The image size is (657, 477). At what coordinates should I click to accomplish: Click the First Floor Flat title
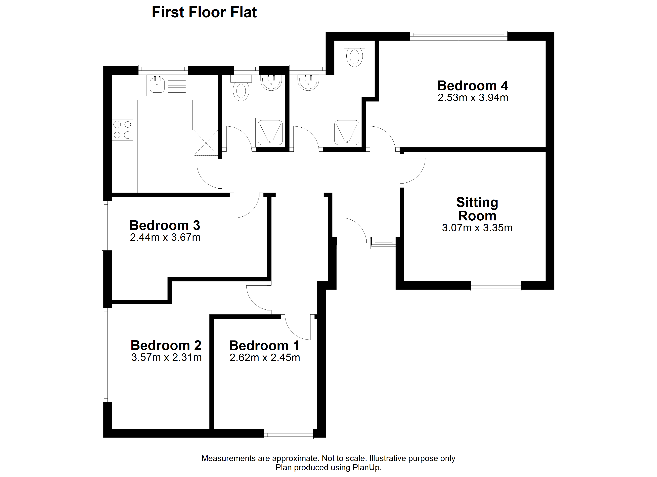click(x=204, y=13)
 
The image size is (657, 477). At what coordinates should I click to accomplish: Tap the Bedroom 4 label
click(x=473, y=86)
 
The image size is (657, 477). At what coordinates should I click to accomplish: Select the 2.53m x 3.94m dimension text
click(x=473, y=98)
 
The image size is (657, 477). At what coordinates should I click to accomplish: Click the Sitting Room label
click(x=477, y=209)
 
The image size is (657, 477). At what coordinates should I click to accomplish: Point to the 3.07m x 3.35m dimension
click(x=477, y=228)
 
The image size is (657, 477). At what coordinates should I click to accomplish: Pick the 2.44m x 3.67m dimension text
click(x=165, y=238)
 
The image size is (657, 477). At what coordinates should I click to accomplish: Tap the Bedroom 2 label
click(x=166, y=345)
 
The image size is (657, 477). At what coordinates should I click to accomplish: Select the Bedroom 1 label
click(x=264, y=346)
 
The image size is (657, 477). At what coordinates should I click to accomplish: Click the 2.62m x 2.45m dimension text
click(x=264, y=358)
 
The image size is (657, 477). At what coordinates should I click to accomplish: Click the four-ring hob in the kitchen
click(x=122, y=130)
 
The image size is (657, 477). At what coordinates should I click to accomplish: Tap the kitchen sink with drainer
click(x=168, y=85)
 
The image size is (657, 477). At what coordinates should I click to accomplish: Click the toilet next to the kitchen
click(x=241, y=88)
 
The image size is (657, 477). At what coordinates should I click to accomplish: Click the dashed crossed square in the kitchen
click(x=206, y=143)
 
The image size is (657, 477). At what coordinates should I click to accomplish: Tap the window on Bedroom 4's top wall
click(x=459, y=35)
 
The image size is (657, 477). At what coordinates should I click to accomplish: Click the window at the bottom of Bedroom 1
click(x=288, y=434)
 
